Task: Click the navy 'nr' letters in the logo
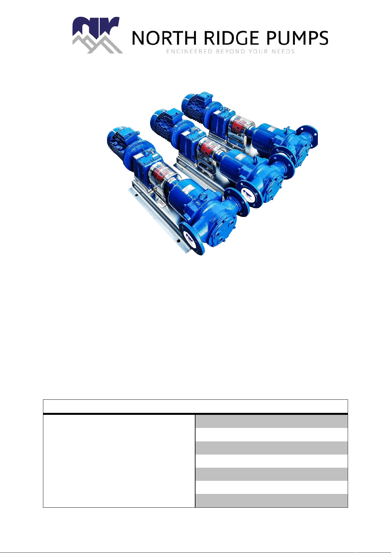tap(96, 27)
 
